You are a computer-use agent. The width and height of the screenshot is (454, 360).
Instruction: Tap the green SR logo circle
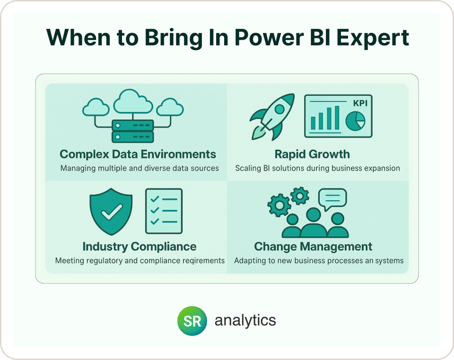192,321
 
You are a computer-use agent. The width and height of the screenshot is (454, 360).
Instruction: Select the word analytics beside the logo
245,320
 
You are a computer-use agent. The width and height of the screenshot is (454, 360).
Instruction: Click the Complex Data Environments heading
138,154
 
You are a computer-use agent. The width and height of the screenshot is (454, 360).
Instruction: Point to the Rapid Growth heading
312,154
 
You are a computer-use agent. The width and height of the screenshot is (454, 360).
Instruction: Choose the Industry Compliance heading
140,247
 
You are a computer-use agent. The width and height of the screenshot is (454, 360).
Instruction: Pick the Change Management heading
313,247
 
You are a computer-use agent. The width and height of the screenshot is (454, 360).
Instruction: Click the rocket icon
272,117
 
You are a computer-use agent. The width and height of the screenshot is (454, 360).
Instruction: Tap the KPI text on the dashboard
360,103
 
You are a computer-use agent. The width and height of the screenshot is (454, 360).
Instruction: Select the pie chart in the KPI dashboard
355,121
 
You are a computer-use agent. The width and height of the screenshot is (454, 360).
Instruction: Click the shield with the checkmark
111,212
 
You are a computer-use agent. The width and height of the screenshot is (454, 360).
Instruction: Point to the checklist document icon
164,211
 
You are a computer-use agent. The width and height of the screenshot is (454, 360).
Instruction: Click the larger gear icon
279,206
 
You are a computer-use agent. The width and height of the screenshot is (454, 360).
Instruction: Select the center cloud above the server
133,102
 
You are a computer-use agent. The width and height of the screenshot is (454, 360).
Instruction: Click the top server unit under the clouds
132,126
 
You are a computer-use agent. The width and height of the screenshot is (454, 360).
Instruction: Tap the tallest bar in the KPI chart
337,118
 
